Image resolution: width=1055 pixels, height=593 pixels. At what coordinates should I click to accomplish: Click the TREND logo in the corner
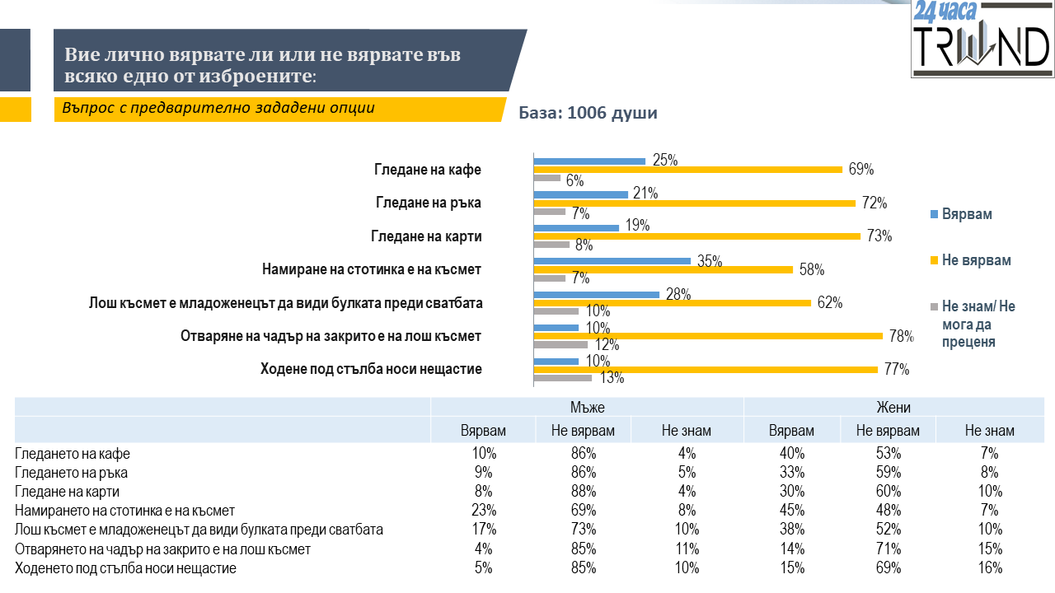[982, 39]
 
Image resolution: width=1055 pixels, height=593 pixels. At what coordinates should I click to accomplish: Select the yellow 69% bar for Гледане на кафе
[688, 169]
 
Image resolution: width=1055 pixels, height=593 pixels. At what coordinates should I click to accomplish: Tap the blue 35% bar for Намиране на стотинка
[612, 260]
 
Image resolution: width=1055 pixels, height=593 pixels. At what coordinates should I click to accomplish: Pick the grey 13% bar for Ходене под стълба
[563, 378]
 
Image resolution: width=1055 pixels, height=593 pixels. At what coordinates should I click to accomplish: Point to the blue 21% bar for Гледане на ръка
[581, 194]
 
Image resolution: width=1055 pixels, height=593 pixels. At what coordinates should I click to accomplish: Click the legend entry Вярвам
[967, 214]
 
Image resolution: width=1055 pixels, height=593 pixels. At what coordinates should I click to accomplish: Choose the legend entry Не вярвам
[976, 260]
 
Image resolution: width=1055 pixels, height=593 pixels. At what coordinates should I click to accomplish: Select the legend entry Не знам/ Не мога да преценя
[978, 324]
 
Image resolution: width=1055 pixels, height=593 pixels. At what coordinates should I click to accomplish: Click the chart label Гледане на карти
[426, 236]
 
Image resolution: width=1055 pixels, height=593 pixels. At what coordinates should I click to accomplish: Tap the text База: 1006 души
[588, 113]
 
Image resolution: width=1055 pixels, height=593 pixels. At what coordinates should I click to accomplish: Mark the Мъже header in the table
[587, 407]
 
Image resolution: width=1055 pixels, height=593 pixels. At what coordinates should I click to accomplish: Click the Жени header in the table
[893, 407]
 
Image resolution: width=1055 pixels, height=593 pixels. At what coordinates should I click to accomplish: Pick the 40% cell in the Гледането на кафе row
[790, 453]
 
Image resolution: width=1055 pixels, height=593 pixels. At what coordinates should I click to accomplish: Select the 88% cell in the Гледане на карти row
[582, 492]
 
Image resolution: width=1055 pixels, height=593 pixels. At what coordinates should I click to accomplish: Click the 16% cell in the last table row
[989, 567]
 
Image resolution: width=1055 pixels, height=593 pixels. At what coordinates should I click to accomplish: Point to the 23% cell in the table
[483, 511]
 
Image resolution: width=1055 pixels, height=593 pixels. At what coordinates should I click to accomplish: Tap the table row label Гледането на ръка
[72, 473]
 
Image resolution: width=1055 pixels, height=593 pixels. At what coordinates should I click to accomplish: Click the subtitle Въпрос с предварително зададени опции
[218, 108]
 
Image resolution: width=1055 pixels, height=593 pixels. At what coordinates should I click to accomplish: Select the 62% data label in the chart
[829, 302]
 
